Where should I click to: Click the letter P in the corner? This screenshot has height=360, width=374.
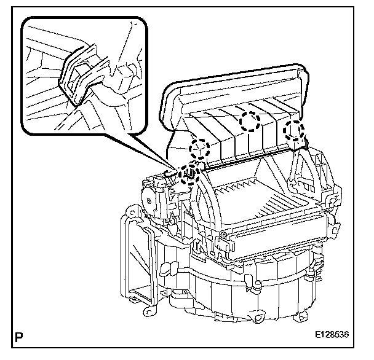21,338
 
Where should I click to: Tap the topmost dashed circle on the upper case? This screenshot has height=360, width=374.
250,121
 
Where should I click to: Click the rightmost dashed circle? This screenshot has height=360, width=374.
295,130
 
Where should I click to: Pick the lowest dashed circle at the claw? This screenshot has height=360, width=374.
189,175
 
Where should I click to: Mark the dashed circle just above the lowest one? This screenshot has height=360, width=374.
199,149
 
